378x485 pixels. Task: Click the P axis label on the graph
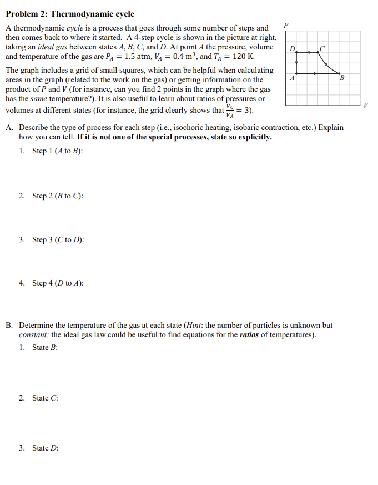(286, 25)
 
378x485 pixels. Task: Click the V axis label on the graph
(365, 105)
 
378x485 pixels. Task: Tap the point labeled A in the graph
(296, 73)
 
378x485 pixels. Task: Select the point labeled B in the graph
(339, 73)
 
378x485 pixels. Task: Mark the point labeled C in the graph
(318, 52)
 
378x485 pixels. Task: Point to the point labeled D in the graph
(296, 52)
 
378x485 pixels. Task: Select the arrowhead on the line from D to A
(296, 63)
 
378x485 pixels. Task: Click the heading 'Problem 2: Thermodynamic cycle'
(70, 14)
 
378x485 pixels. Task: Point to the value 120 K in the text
(243, 57)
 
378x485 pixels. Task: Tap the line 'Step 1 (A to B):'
(57, 151)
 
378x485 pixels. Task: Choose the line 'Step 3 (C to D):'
(58, 239)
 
